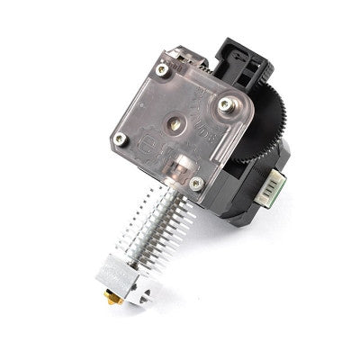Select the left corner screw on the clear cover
(x=120, y=139)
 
